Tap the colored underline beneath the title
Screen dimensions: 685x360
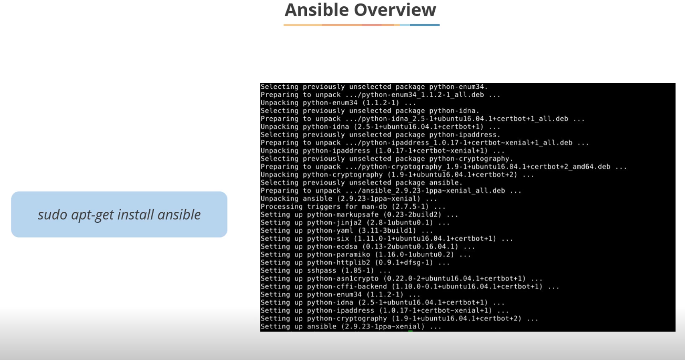pyautogui.click(x=361, y=25)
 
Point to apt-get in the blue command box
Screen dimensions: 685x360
pyautogui.click(x=93, y=215)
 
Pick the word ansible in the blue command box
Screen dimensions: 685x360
pyautogui.click(x=179, y=214)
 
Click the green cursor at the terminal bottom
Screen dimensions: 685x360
pyautogui.click(x=411, y=331)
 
